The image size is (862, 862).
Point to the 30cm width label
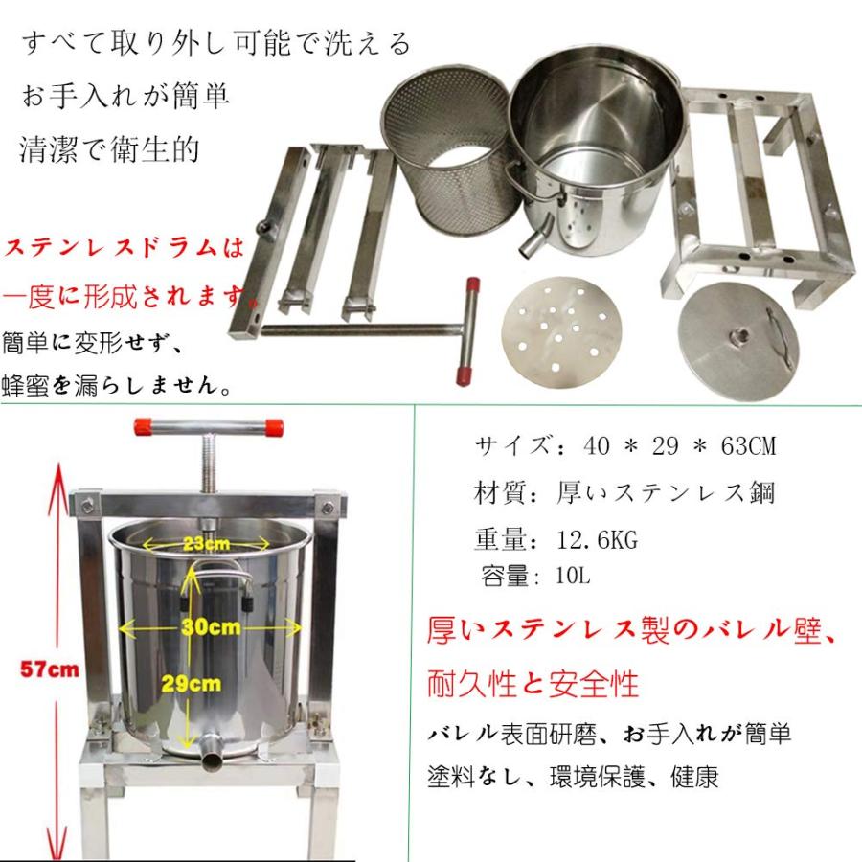tap(210, 627)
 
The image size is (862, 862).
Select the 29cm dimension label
tap(205, 685)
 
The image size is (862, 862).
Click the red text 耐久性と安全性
tap(531, 684)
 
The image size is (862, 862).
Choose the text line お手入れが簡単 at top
tap(124, 97)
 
